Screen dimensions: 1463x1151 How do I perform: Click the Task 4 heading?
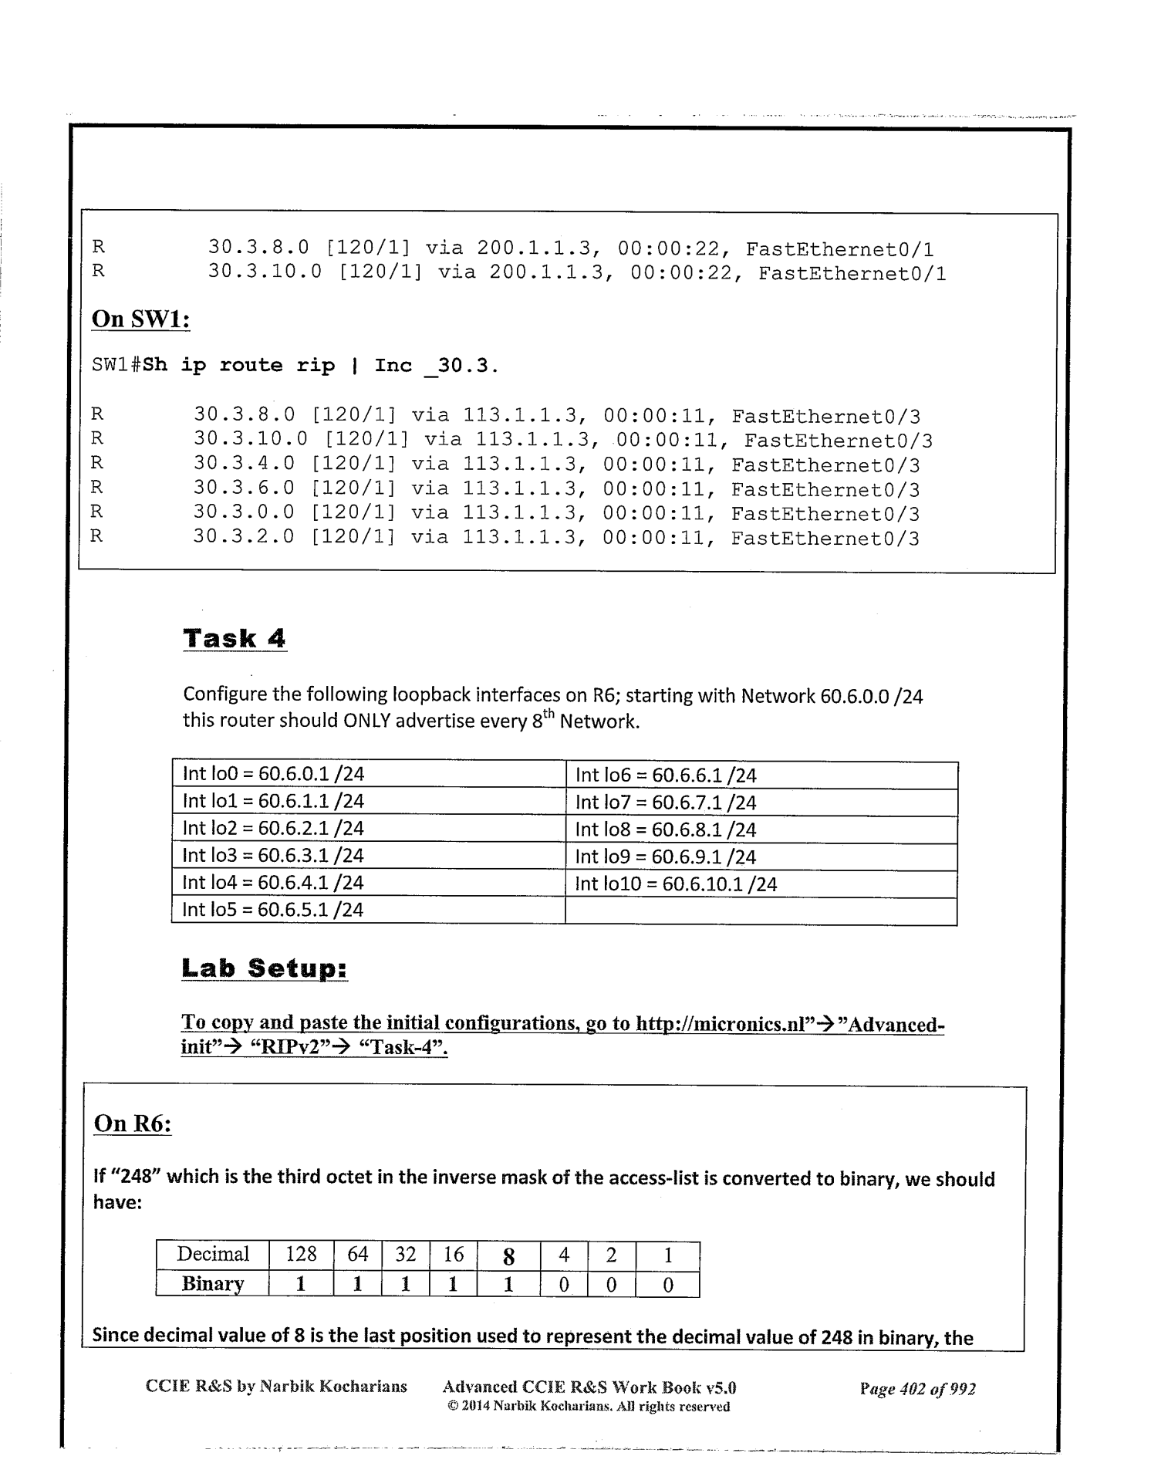point(235,639)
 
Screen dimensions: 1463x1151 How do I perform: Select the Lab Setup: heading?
point(265,968)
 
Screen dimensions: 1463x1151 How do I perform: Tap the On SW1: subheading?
point(140,319)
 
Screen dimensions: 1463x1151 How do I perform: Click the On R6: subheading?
point(132,1123)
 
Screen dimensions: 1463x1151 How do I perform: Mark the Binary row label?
point(212,1284)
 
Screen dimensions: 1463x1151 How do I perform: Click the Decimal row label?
point(212,1255)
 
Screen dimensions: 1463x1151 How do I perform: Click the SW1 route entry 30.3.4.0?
point(243,465)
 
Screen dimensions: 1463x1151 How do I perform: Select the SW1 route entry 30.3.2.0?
point(243,538)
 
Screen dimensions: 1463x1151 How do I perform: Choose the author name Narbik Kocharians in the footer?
point(333,1387)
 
